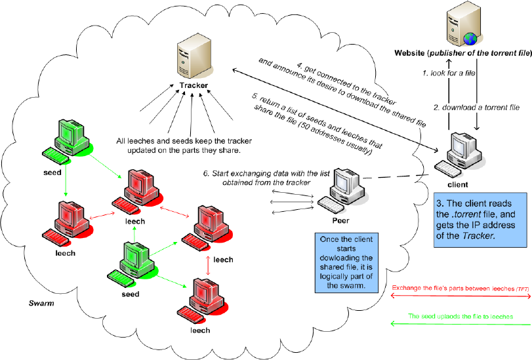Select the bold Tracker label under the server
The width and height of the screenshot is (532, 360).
[x=194, y=86]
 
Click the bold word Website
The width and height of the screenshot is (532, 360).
[x=412, y=52]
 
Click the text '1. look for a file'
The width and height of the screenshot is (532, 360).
[x=450, y=73]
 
